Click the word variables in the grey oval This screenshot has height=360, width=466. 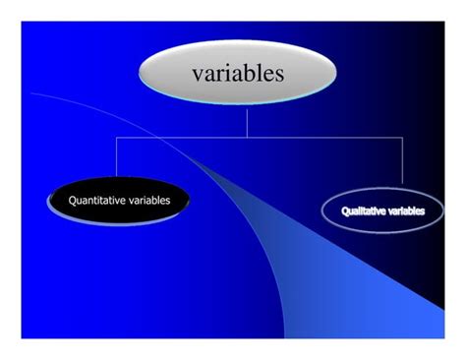(238, 73)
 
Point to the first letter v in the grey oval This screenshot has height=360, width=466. (197, 74)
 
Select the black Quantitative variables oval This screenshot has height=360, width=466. (118, 201)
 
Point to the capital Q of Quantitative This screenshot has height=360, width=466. (72, 201)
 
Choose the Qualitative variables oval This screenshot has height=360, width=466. (383, 211)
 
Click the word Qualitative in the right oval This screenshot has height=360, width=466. (364, 211)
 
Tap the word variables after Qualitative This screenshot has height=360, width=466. (407, 211)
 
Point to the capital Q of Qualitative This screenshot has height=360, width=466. (345, 211)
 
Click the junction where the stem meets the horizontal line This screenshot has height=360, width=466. (247, 138)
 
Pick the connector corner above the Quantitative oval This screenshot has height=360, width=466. (117, 138)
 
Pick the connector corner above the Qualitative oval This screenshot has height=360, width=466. (402, 138)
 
